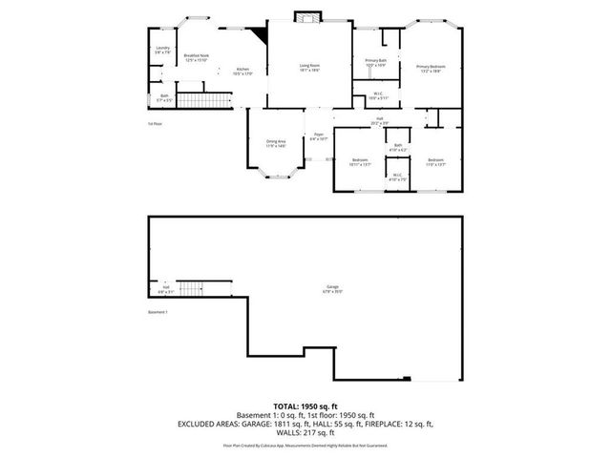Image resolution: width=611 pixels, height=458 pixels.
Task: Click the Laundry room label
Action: tap(163, 51)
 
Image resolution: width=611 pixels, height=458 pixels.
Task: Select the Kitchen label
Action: tap(242, 71)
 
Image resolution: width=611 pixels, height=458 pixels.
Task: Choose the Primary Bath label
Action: tap(375, 62)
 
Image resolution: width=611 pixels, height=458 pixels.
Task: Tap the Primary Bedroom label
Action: tap(429, 68)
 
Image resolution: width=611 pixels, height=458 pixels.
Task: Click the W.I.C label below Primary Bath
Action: tap(377, 95)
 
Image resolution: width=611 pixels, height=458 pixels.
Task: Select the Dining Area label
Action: tap(276, 144)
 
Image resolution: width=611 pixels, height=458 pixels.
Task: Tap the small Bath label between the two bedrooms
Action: tap(397, 148)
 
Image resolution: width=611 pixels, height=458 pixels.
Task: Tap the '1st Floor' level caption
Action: tap(155, 123)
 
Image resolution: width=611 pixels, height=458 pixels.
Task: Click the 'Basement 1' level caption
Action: tap(158, 313)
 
